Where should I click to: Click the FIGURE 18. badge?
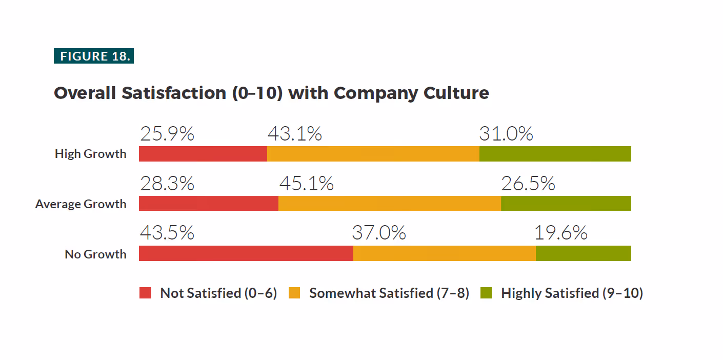pyautogui.click(x=94, y=56)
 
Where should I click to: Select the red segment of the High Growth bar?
pyautogui.click(x=203, y=154)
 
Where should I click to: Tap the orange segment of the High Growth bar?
pyautogui.click(x=373, y=154)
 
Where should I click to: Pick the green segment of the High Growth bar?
pyautogui.click(x=555, y=154)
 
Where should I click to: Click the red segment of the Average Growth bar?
pyautogui.click(x=209, y=204)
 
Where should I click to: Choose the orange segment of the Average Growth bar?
pyautogui.click(x=390, y=204)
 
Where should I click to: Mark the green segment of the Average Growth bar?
pyautogui.click(x=566, y=204)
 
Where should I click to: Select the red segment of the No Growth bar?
pyautogui.click(x=246, y=253)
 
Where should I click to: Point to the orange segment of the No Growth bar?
pyautogui.click(x=445, y=253)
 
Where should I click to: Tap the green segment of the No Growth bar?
pyautogui.click(x=584, y=253)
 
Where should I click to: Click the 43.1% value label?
pyautogui.click(x=295, y=134)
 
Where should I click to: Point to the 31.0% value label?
pyautogui.click(x=506, y=134)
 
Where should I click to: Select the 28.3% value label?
pyautogui.click(x=167, y=184)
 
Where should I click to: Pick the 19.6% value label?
pyautogui.click(x=561, y=232)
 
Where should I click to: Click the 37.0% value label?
pyautogui.click(x=379, y=232)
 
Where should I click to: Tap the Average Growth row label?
pyautogui.click(x=81, y=204)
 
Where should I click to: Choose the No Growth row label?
pyautogui.click(x=95, y=254)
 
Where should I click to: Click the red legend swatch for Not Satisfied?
pyautogui.click(x=145, y=293)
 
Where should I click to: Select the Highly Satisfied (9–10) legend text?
pyautogui.click(x=572, y=293)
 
